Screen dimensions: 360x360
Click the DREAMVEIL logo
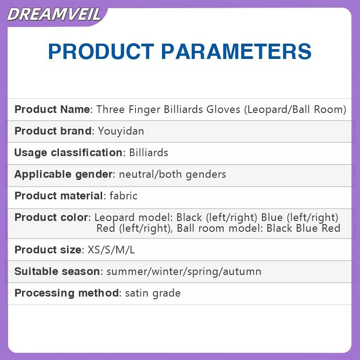(x=54, y=14)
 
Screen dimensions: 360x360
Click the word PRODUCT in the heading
(x=101, y=51)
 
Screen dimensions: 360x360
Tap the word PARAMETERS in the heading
(x=236, y=51)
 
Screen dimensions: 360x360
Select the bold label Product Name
(x=52, y=109)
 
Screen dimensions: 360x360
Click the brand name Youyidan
(x=121, y=131)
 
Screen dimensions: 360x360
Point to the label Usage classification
(x=68, y=153)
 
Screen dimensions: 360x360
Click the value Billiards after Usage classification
(x=148, y=153)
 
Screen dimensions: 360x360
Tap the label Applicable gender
(x=63, y=174)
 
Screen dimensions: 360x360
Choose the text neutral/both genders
(x=172, y=174)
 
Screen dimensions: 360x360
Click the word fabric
(x=123, y=196)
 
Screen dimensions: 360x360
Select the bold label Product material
(x=58, y=196)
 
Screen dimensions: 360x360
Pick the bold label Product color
(x=51, y=217)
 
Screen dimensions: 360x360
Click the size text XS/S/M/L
(x=111, y=250)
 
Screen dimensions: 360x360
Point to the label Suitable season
(x=57, y=271)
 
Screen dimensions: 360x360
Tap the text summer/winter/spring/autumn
(x=184, y=272)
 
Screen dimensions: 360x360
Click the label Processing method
(x=67, y=293)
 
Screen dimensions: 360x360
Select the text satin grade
(x=153, y=293)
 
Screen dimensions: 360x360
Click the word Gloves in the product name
(x=223, y=109)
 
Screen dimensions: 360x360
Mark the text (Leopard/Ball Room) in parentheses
(x=295, y=109)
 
